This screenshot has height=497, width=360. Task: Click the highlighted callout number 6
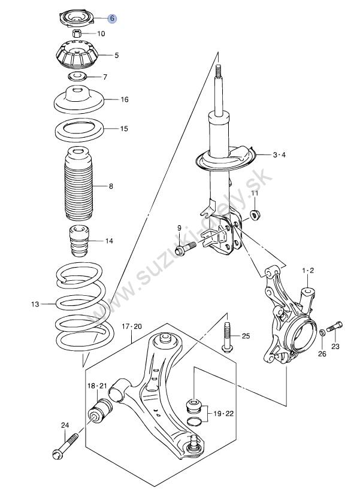coord(112,19)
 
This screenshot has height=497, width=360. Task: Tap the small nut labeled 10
coord(77,33)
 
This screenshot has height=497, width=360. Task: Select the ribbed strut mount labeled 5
coord(77,55)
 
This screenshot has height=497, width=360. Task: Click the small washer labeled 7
coord(77,77)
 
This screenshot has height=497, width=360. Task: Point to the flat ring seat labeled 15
coord(79,130)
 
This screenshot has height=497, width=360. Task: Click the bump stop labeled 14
coord(78,241)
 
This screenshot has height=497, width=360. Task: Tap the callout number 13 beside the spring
coord(35,304)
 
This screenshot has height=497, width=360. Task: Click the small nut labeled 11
coord(255,215)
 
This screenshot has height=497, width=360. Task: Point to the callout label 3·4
coord(279,155)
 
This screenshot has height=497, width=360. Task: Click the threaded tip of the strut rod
coord(218,71)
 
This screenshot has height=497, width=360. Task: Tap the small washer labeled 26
coord(322,332)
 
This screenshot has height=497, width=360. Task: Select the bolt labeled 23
coord(335,326)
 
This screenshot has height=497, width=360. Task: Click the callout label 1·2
coord(308,271)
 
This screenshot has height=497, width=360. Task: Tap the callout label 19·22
coord(223,414)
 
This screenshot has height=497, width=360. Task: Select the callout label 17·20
coord(132,326)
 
